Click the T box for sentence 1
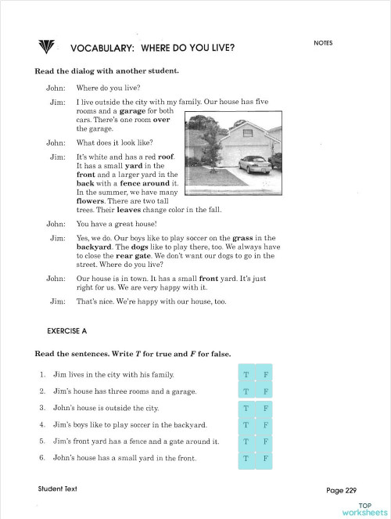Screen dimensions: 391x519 click(x=246, y=374)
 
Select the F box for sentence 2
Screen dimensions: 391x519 click(x=264, y=391)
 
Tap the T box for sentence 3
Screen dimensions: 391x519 click(x=246, y=409)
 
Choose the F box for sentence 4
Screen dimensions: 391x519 click(x=264, y=425)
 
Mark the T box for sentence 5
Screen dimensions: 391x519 click(x=246, y=442)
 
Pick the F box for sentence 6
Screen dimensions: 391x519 click(x=264, y=459)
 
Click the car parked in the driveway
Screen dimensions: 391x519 click(x=255, y=164)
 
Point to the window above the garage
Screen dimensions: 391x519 click(x=248, y=133)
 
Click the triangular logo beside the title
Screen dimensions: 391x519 click(x=46, y=46)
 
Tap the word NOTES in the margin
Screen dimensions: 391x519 click(x=323, y=43)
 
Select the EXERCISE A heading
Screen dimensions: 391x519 click(x=66, y=331)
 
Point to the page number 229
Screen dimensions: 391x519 click(x=350, y=490)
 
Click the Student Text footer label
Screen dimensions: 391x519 click(x=58, y=488)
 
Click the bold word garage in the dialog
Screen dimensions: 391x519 click(x=132, y=111)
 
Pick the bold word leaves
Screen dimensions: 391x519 click(x=128, y=210)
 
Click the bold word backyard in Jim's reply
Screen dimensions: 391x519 click(x=94, y=247)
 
